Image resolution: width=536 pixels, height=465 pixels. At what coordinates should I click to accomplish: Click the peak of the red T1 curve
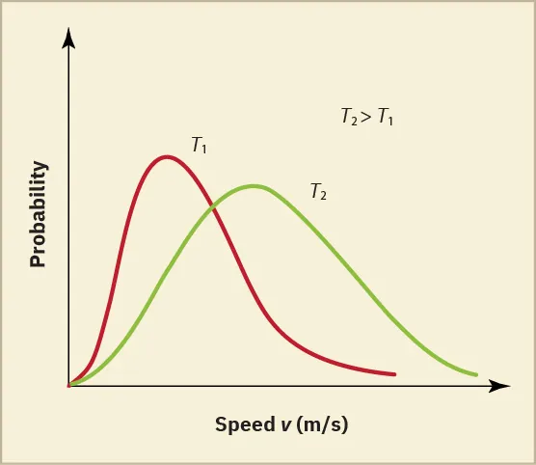[x=167, y=156]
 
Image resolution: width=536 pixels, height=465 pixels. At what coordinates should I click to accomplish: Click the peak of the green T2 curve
[x=254, y=185]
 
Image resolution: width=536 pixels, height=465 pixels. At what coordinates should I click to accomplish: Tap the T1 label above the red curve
[x=200, y=147]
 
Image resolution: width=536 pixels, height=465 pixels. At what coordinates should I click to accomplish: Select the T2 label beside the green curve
[x=318, y=191]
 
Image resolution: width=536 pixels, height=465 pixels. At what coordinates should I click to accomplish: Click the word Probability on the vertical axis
[x=39, y=214]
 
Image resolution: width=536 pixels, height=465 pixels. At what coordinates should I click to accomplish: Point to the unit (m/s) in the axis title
[x=320, y=424]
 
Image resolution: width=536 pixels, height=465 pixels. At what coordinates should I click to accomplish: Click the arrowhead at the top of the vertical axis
[x=67, y=37]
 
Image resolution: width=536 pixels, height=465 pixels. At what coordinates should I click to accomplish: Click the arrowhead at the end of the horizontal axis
[x=500, y=386]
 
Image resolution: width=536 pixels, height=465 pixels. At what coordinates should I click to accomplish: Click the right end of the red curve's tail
[x=394, y=373]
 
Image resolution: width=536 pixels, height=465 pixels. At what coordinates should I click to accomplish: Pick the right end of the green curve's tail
[x=477, y=374]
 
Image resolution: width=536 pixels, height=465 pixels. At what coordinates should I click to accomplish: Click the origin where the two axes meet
[x=67, y=386]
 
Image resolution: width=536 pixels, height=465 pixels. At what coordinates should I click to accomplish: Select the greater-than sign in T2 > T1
[x=366, y=118]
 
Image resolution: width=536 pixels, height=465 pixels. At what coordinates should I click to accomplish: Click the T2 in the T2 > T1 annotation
[x=349, y=118]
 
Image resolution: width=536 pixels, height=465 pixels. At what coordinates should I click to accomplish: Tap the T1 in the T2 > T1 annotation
[x=385, y=118]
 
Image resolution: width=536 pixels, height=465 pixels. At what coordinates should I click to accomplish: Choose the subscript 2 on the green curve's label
[x=323, y=195]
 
